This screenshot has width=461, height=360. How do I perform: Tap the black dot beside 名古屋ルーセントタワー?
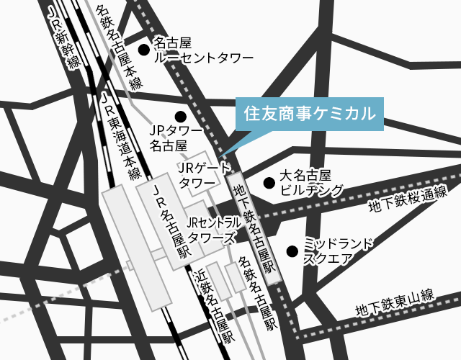point(143,49)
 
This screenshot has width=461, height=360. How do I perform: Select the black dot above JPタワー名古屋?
point(180,116)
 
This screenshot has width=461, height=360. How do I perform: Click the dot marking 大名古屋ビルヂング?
point(268,183)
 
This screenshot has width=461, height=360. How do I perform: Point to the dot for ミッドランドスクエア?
point(292,251)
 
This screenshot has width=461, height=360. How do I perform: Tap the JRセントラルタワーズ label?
point(214,230)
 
